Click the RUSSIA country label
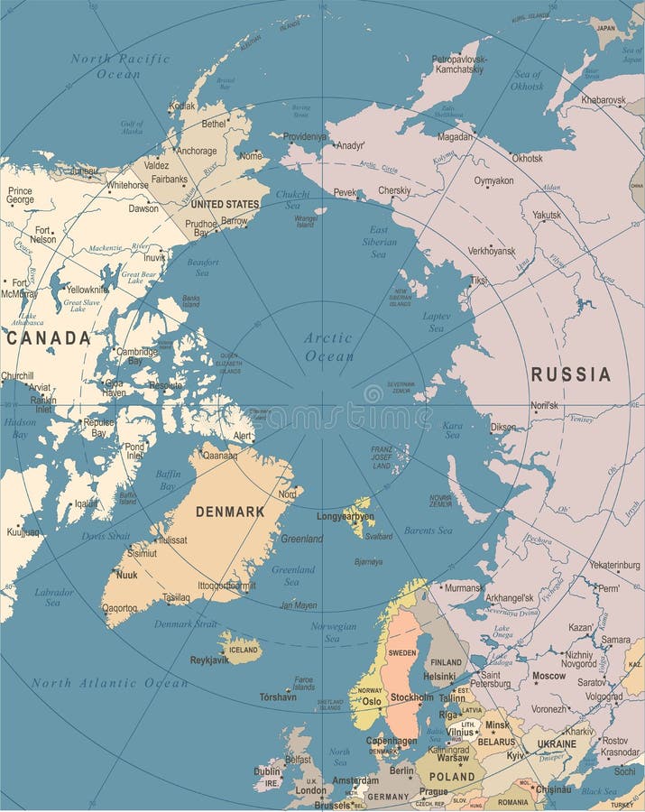570,374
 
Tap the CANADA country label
48,338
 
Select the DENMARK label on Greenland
230,512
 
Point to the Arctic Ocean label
327,346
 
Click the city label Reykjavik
209,660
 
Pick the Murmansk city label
465,587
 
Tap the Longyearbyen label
346,517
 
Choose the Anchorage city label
197,152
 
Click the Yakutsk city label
546,216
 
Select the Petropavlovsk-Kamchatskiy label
459,63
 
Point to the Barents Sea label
428,531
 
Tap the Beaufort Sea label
202,267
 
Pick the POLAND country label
452,776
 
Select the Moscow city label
548,675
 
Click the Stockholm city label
411,697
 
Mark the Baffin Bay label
169,480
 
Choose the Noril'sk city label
544,405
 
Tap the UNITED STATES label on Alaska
224,204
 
